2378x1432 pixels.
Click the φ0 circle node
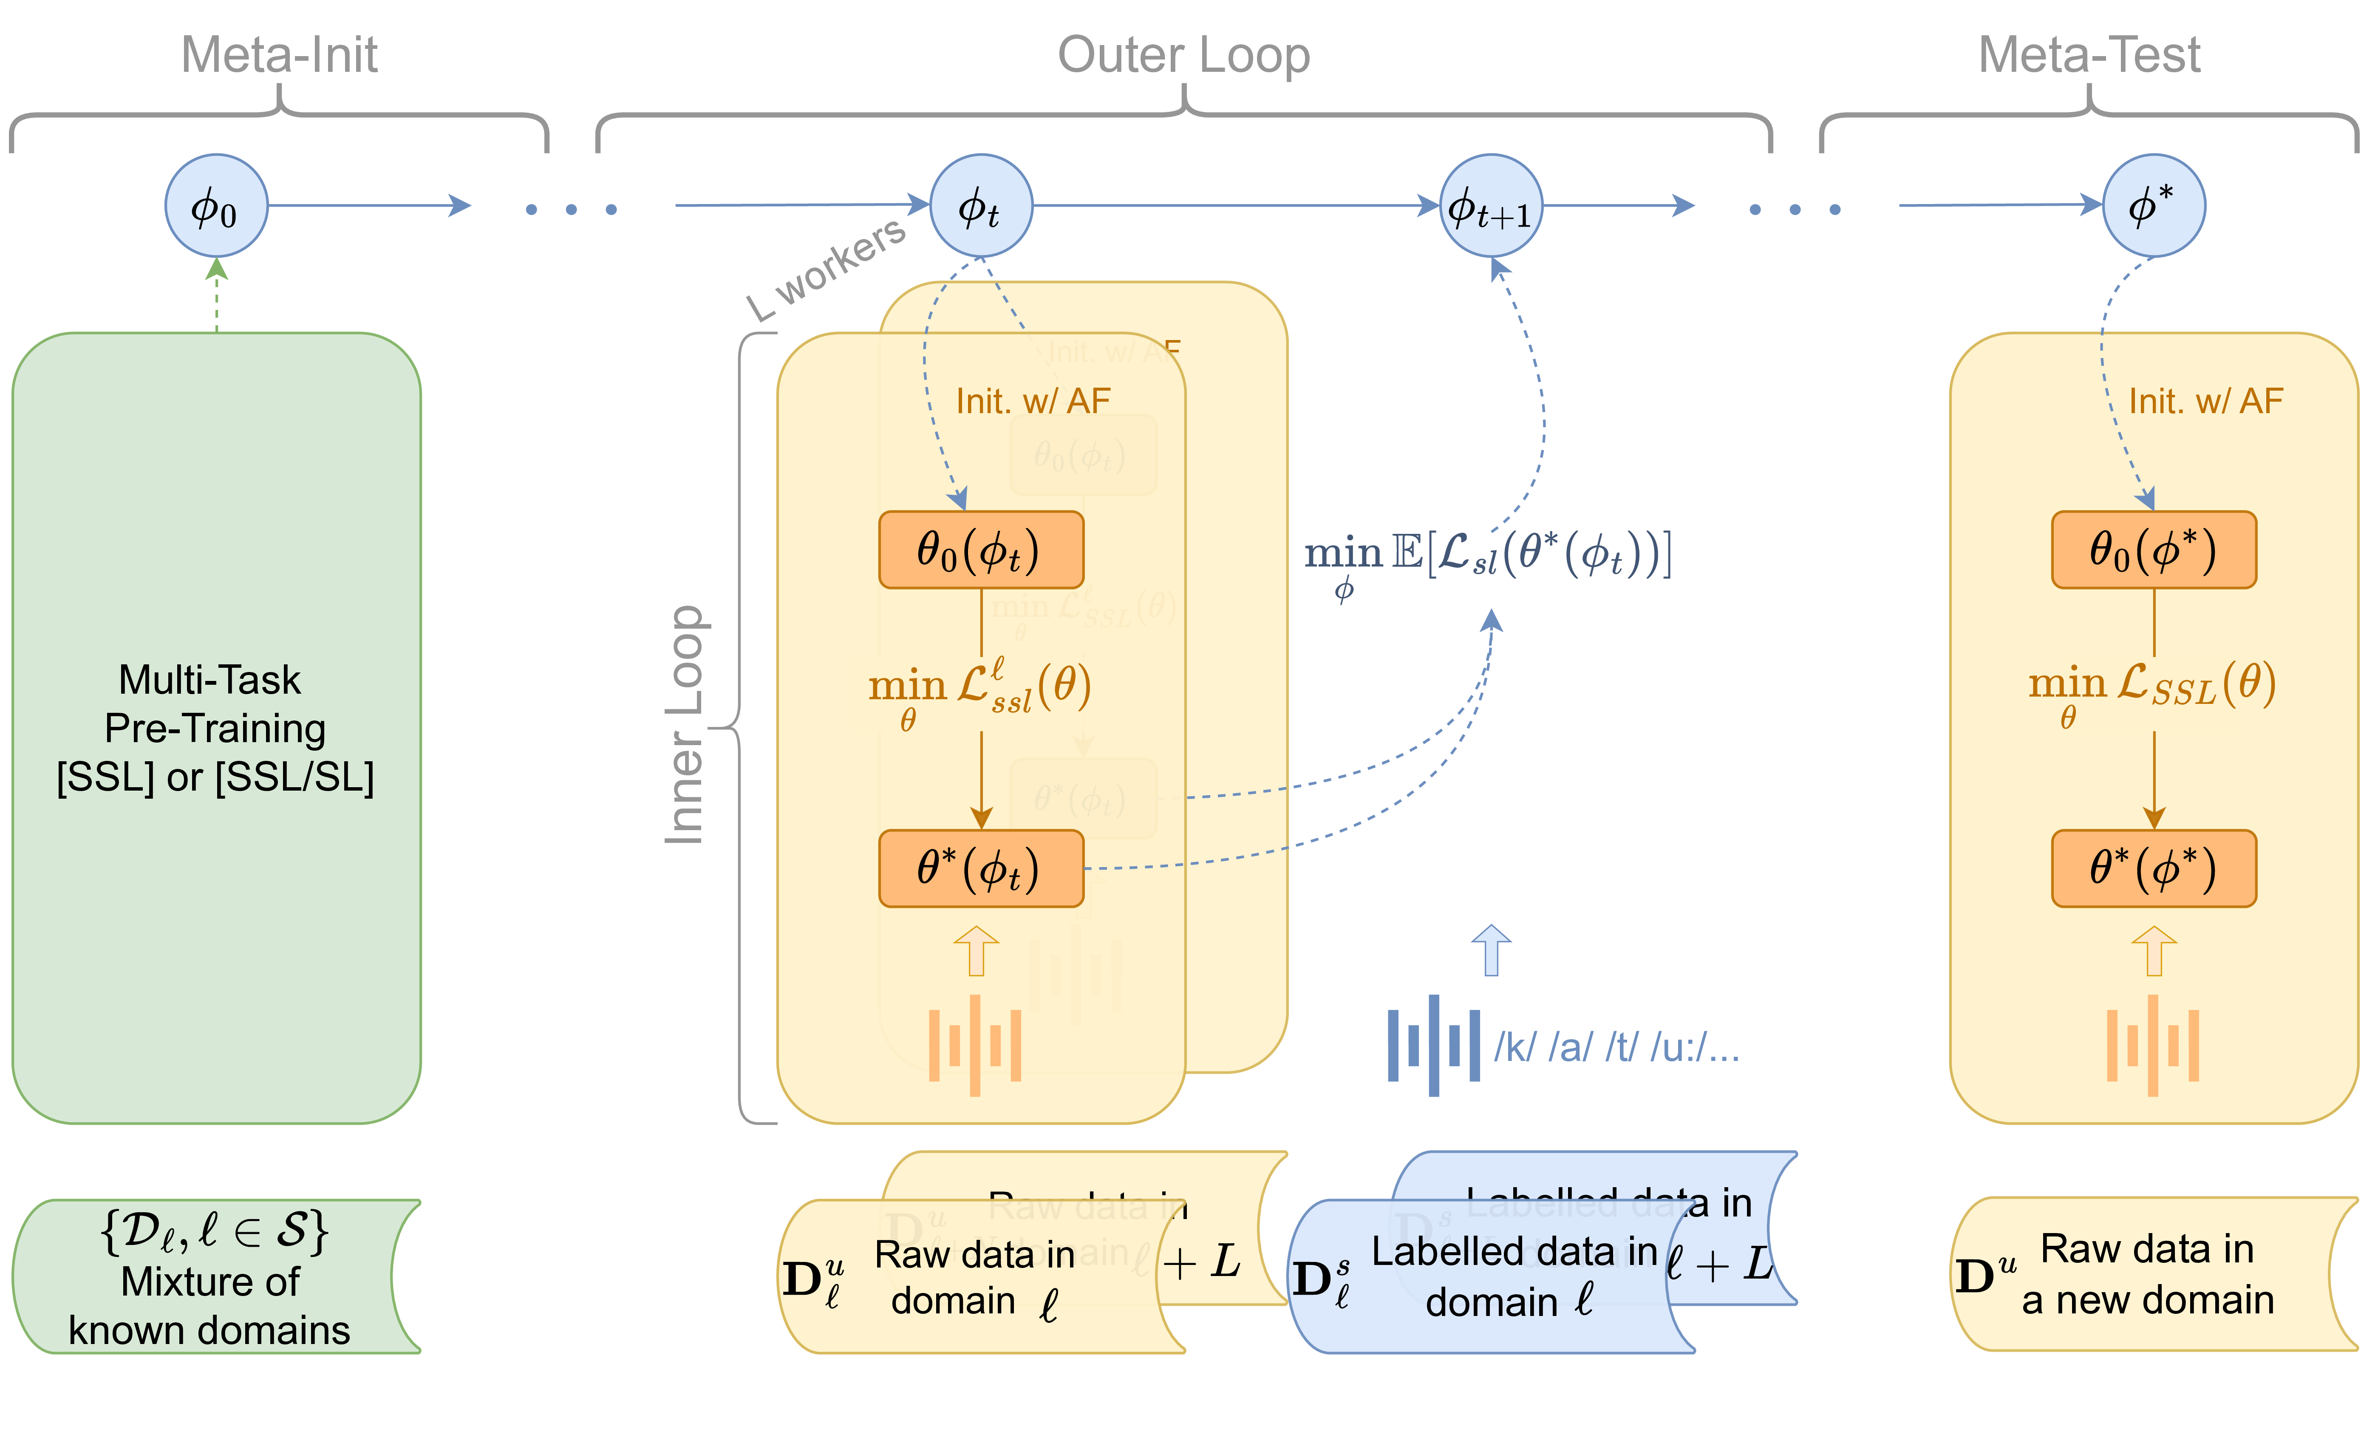[216, 206]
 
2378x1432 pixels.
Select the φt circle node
[980, 206]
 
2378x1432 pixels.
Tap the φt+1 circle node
[1490, 206]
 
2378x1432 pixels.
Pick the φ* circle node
[2153, 206]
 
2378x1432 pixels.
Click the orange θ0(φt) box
[980, 550]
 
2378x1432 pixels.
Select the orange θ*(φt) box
[980, 868]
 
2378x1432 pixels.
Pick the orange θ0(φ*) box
[2153, 550]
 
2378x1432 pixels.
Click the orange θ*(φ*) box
[2153, 868]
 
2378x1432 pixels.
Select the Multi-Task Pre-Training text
[214, 729]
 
